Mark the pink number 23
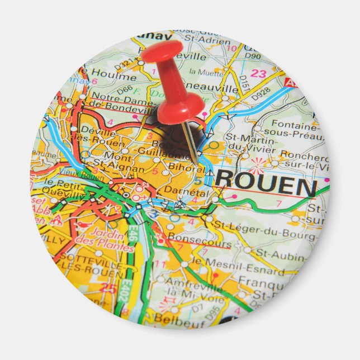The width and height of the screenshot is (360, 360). pos(258,73)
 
